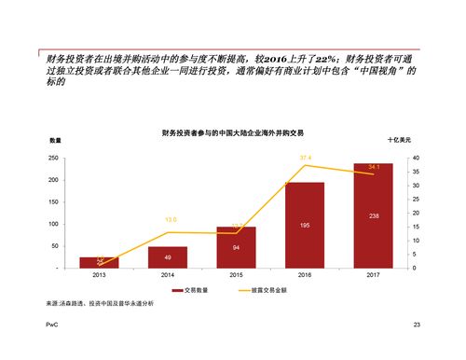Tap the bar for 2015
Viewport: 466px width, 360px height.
(236, 247)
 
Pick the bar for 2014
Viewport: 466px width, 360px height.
(167, 257)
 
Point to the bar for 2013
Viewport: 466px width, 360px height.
(99, 262)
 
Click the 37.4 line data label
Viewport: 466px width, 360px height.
(305, 159)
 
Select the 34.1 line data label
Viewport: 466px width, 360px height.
(373, 167)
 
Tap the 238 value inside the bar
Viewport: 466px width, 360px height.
(373, 216)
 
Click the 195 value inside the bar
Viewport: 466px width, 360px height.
(305, 226)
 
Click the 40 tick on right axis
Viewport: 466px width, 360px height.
(415, 159)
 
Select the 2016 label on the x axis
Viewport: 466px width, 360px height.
(304, 276)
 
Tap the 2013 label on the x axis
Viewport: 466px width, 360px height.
(99, 276)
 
